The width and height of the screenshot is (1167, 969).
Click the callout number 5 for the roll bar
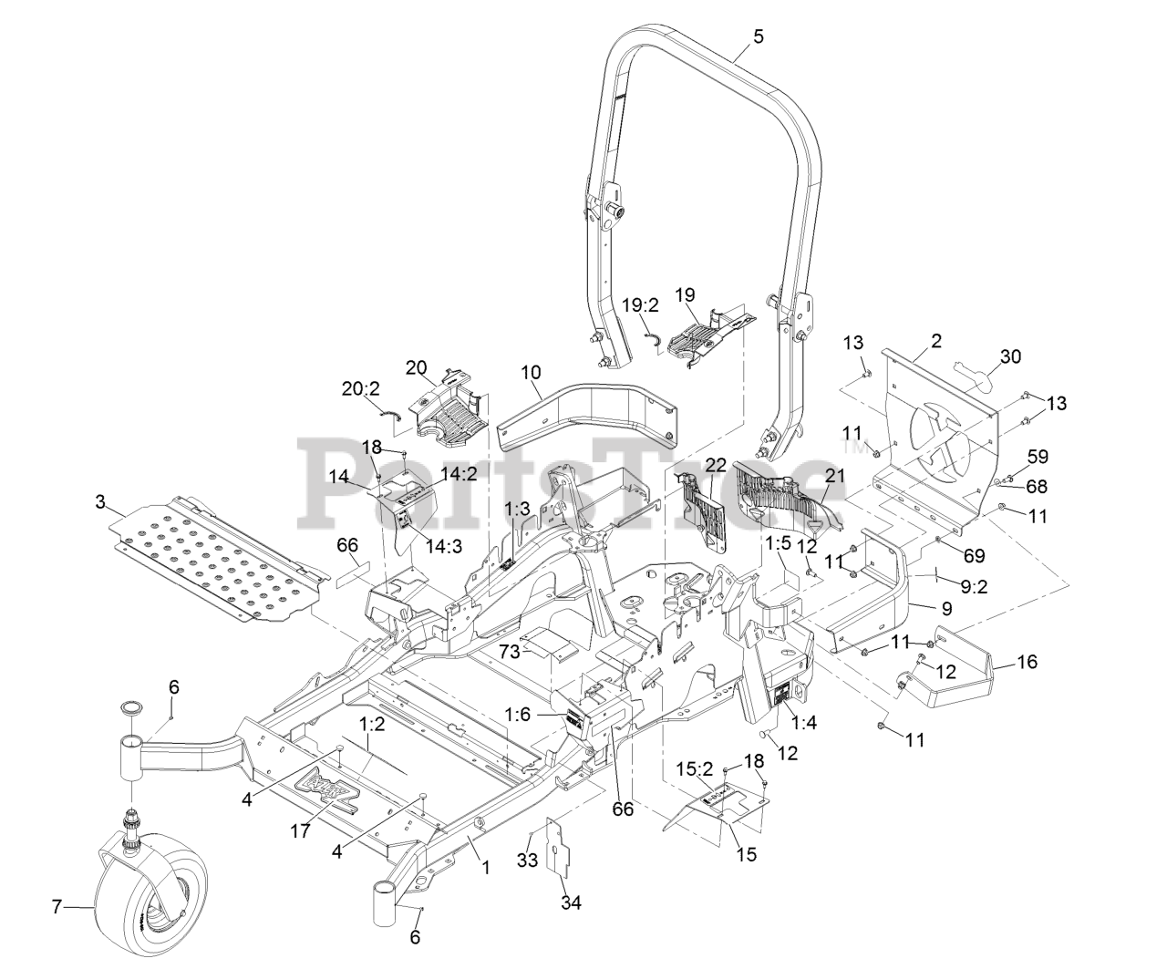[x=758, y=37]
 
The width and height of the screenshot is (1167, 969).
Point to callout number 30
[x=1010, y=356]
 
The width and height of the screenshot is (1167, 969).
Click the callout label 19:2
[x=641, y=305]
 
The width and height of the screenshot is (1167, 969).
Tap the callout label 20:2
[x=361, y=389]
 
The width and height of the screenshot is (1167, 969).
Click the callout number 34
[x=571, y=902]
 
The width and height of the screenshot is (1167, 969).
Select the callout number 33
[x=526, y=860]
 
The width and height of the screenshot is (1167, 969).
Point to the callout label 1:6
[x=518, y=714]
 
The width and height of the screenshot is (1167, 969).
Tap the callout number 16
[x=1027, y=662]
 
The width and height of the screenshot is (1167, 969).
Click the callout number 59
[x=1038, y=457]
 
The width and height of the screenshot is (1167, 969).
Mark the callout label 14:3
[x=443, y=546]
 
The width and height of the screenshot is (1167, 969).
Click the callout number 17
[x=300, y=831]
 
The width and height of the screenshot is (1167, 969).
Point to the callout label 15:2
[x=695, y=769]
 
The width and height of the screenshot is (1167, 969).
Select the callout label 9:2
[x=975, y=587]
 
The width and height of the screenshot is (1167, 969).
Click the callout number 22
[x=716, y=465]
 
